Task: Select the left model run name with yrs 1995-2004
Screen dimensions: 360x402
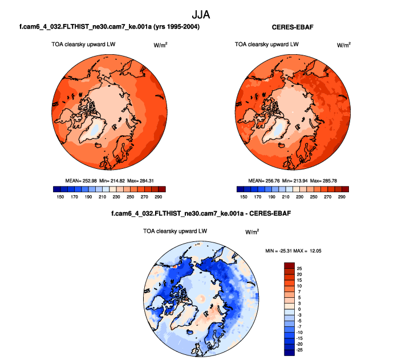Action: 109,27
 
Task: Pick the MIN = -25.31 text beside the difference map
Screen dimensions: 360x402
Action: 283,251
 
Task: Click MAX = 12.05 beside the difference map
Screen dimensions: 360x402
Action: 315,251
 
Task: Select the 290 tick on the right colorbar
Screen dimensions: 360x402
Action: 342,196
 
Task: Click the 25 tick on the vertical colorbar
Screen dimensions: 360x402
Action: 300,268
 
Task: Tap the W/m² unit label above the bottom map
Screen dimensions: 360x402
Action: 252,232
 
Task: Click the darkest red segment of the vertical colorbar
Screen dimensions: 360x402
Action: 289,265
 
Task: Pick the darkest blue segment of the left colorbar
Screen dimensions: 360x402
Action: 56,189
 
